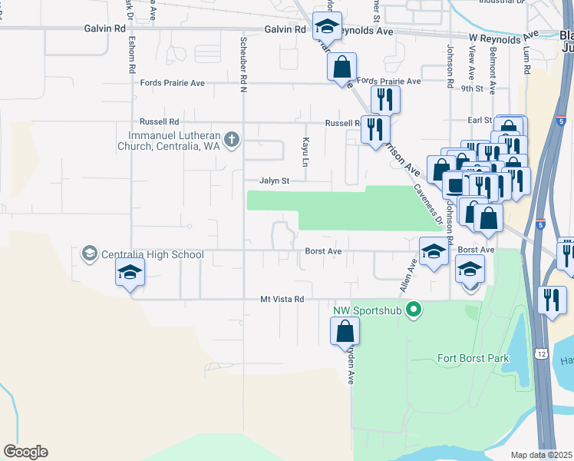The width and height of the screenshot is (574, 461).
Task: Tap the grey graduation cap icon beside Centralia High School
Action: [90, 254]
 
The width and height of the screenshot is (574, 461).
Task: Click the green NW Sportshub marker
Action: [414, 311]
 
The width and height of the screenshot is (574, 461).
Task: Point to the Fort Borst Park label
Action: [473, 357]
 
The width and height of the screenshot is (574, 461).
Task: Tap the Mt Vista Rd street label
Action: [282, 299]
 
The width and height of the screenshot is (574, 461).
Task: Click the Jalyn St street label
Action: [274, 181]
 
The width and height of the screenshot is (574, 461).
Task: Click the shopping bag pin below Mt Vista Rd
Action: [345, 331]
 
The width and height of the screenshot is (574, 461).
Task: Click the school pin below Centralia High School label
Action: [130, 272]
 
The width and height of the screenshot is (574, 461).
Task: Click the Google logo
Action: [25, 452]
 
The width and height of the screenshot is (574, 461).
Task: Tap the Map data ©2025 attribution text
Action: [542, 455]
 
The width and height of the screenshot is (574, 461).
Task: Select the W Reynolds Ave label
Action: [505, 36]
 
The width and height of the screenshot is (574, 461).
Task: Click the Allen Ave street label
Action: [407, 275]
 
